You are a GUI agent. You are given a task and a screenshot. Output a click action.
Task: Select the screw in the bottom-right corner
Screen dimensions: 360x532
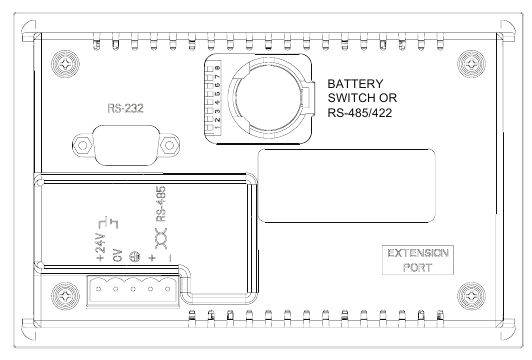pyautogui.click(x=468, y=296)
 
